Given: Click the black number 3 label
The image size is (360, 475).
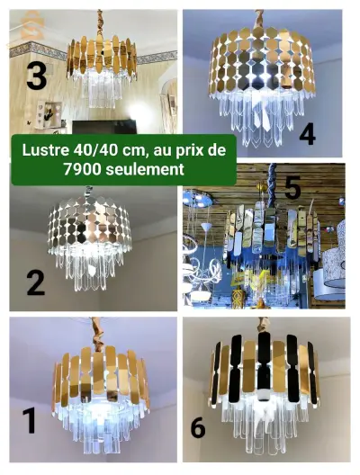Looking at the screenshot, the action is point(36,76).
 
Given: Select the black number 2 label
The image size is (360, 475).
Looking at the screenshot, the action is point(35,282).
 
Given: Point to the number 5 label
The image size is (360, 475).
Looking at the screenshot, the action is point(292,188).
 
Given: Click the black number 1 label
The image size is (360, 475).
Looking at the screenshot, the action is point(30,420).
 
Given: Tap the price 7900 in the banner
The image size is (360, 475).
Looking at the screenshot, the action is point(82,169).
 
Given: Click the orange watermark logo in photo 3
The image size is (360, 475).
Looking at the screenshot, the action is point(29,27).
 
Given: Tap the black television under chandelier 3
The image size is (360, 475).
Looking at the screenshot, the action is point(103,127).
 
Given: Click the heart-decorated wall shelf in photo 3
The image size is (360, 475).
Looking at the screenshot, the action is point(49,113).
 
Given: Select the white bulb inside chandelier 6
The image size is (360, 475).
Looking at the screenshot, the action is point(265,392).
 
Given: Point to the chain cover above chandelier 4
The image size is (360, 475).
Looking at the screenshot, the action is point(259,19).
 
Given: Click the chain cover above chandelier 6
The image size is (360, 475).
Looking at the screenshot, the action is point(264,325).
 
